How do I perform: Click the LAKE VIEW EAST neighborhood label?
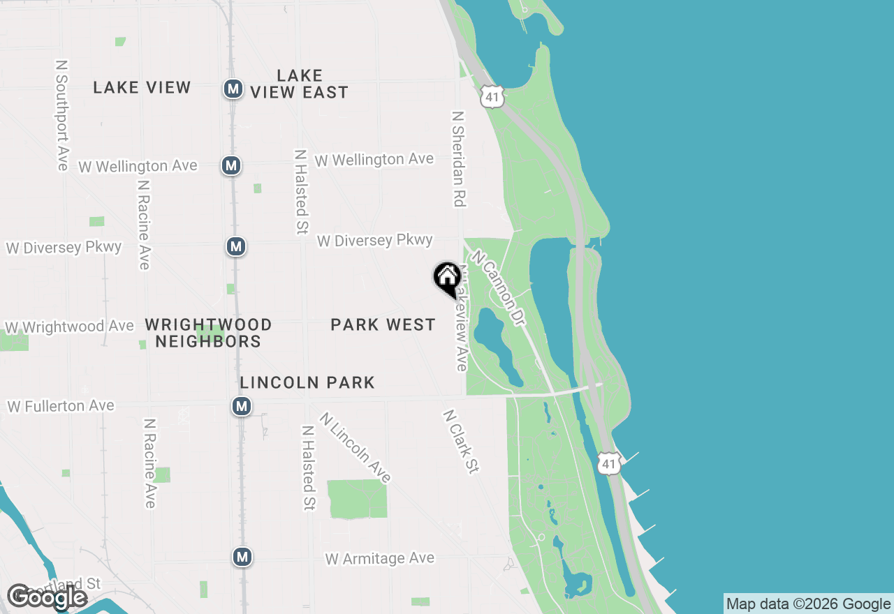pos(299,84)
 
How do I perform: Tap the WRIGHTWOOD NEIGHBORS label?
pos(208,333)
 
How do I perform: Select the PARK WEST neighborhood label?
pos(383,324)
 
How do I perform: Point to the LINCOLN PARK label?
pos(307,382)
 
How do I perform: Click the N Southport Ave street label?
pos(62,114)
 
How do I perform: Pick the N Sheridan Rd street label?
pos(458,158)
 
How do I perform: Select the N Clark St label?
pos(460,442)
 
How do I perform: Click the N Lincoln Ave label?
pos(356,447)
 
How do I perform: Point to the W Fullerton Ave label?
pos(60,406)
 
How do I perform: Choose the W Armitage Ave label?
pos(379,559)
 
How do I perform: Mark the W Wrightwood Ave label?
pos(69,327)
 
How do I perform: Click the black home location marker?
pos(447,278)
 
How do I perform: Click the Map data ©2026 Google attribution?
pos(808,604)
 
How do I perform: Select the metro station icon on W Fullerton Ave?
pos(242,406)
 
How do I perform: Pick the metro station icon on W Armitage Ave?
pos(242,557)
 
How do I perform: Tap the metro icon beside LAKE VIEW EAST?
pos(233,89)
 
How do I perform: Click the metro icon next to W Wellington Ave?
pos(231,165)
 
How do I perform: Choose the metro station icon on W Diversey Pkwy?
pos(236,246)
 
